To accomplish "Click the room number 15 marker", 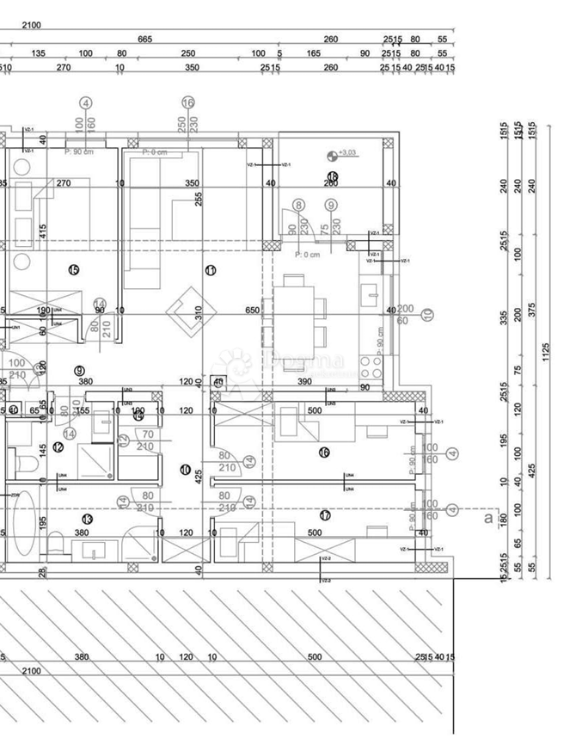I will click(73, 270).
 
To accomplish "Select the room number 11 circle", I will click(211, 270).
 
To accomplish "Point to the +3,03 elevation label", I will click(348, 153).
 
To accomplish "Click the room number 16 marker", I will click(324, 452).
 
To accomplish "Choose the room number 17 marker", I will click(324, 516).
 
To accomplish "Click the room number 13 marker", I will click(87, 519).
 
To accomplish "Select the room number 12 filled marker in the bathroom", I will click(58, 446).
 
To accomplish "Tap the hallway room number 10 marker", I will click(185, 469).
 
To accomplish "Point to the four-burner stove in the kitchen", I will click(371, 366).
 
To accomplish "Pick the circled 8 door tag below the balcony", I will click(298, 206).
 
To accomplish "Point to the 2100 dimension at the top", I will click(32, 25).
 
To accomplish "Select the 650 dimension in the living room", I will click(252, 311).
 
